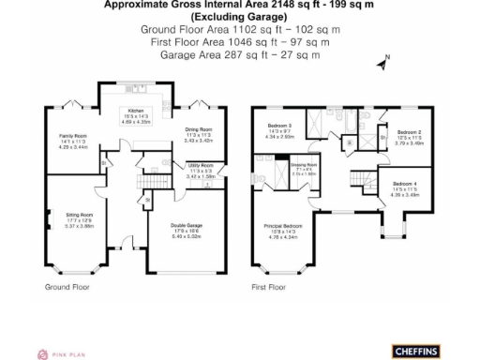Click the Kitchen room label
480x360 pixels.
point(137,111)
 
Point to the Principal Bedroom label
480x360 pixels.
point(282,226)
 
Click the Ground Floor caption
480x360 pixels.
point(67,287)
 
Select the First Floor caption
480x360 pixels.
point(267,287)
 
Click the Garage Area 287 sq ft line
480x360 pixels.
point(240,54)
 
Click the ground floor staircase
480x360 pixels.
point(150,185)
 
